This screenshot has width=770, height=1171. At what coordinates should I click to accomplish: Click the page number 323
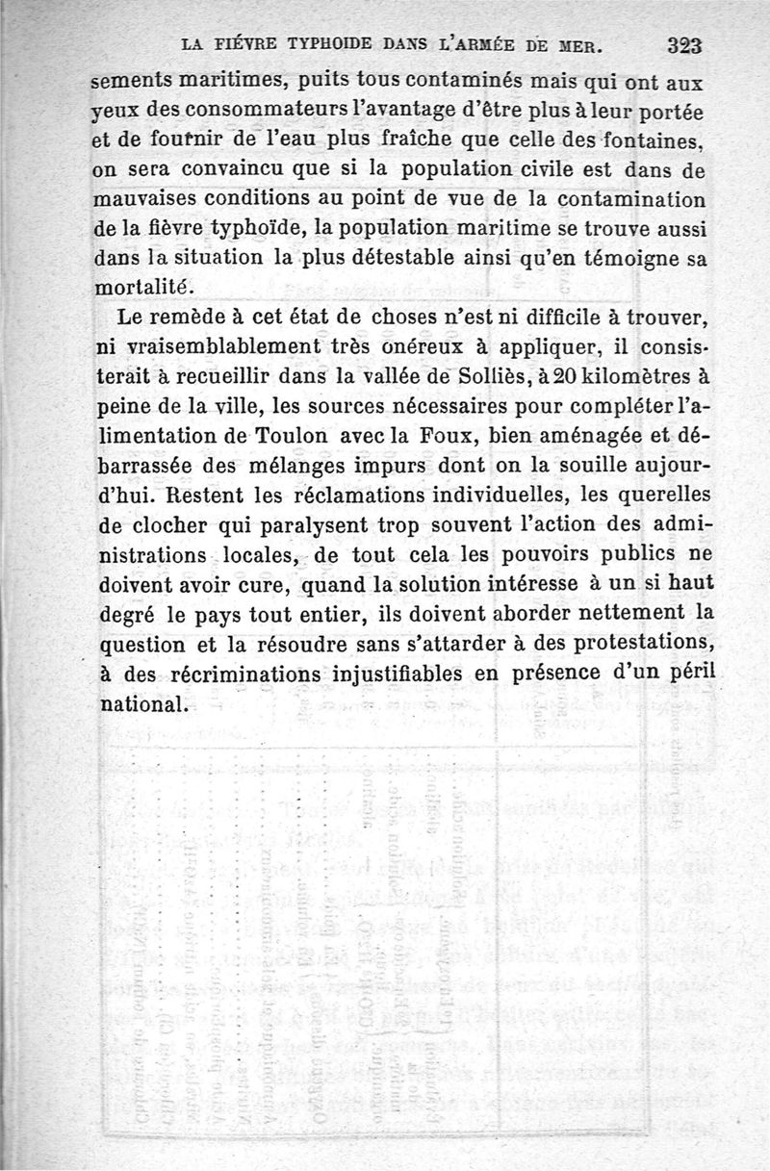[685, 44]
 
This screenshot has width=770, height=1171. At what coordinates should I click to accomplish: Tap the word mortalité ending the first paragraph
[147, 288]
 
